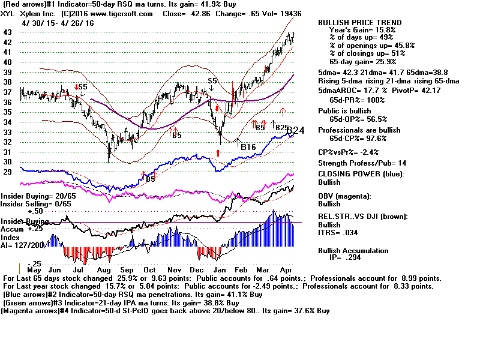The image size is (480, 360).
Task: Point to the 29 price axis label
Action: pyautogui.click(x=8, y=172)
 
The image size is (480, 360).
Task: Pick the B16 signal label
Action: pyautogui.click(x=248, y=146)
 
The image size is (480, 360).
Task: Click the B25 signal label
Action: pyautogui.click(x=282, y=127)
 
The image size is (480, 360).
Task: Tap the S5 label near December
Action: pyautogui.click(x=212, y=80)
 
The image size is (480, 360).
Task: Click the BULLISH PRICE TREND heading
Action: pyautogui.click(x=359, y=23)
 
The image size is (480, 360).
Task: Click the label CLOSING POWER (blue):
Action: pyautogui.click(x=361, y=174)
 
